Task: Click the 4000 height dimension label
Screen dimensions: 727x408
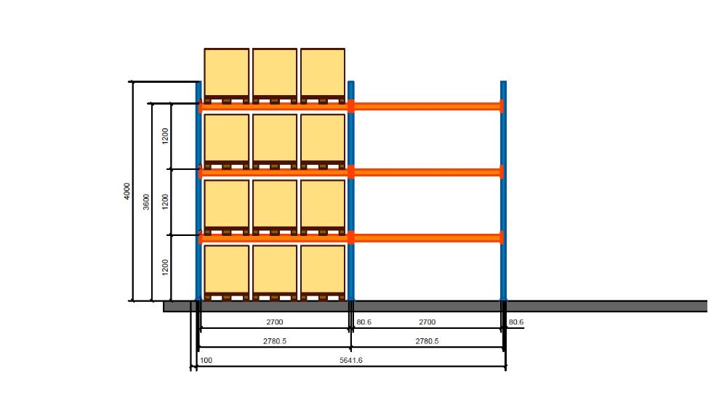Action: coord(127,191)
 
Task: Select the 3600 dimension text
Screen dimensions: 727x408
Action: coord(146,202)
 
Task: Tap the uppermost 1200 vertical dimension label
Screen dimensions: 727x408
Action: coord(166,136)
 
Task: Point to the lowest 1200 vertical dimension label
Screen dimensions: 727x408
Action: coord(166,268)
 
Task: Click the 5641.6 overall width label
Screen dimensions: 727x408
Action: coord(351,360)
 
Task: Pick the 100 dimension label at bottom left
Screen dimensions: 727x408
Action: coord(206,360)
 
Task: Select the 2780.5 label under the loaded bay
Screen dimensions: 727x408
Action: coord(275,341)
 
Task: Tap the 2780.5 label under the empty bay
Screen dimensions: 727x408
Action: coord(427,341)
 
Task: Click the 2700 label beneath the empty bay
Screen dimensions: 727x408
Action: coord(427,322)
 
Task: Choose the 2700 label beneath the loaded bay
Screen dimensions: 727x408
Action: coord(275,322)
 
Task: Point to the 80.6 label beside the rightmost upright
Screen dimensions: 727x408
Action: coord(516,322)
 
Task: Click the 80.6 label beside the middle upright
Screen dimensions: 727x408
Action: coord(363,322)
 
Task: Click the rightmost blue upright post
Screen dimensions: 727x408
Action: coord(504,191)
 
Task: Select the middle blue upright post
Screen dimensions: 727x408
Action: coord(351,191)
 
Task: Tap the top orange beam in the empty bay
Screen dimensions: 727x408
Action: coord(427,107)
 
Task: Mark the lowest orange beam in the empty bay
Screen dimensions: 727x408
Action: coord(427,238)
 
